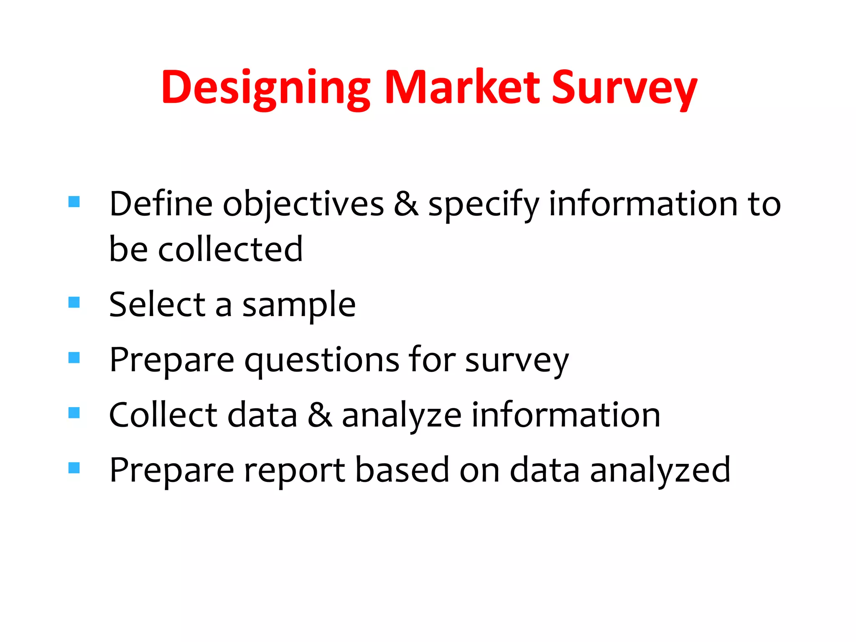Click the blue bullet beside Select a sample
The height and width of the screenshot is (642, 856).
(x=74, y=302)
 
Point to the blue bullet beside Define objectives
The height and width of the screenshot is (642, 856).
(x=74, y=201)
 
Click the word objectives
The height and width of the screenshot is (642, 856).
(x=303, y=205)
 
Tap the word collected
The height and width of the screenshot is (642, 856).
(x=230, y=250)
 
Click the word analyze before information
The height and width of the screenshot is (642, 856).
(x=402, y=416)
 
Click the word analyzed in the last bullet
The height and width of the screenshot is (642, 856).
(x=660, y=471)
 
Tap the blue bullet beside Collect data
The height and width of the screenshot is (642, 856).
(x=74, y=413)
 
